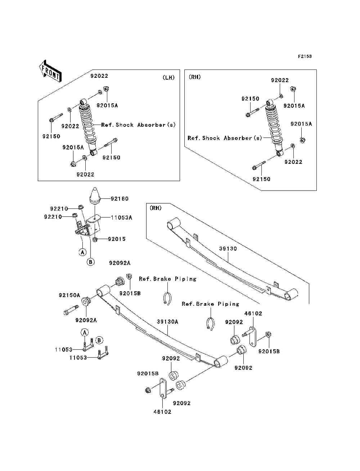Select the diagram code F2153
click(x=304, y=57)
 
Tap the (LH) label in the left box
click(x=168, y=77)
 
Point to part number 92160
click(x=120, y=198)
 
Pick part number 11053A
click(x=121, y=217)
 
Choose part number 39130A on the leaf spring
click(x=167, y=322)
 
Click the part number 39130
click(x=228, y=248)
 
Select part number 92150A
click(x=69, y=295)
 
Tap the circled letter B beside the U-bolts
click(x=99, y=340)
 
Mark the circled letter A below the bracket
click(x=82, y=252)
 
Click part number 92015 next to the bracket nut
click(x=117, y=239)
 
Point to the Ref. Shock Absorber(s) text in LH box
click(x=138, y=125)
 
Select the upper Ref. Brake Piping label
click(x=168, y=279)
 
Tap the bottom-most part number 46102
click(x=162, y=412)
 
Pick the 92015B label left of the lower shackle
click(x=148, y=373)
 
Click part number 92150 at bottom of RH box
click(x=261, y=179)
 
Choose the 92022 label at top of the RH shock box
click(x=280, y=80)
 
